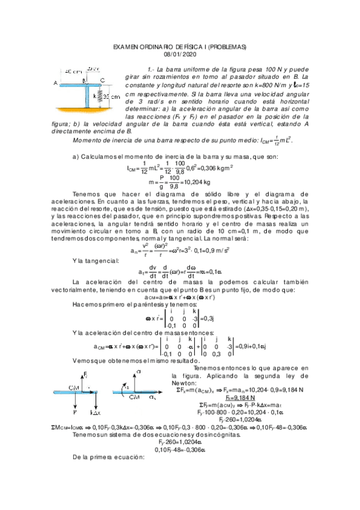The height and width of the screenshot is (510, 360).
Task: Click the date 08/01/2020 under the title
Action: tap(180, 55)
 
